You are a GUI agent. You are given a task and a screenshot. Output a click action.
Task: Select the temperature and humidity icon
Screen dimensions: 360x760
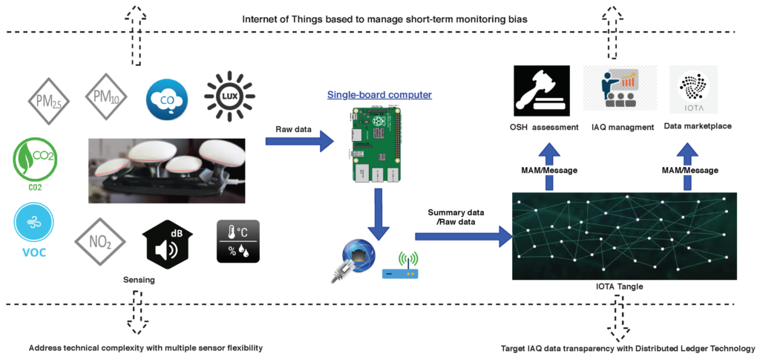pos(238,240)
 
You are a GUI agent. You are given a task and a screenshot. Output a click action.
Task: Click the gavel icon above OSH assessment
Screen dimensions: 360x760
pos(540,91)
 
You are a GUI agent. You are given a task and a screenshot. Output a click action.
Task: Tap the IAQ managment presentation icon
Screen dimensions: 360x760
pos(620,91)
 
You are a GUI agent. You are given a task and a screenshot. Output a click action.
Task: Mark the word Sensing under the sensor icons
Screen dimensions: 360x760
pos(140,281)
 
